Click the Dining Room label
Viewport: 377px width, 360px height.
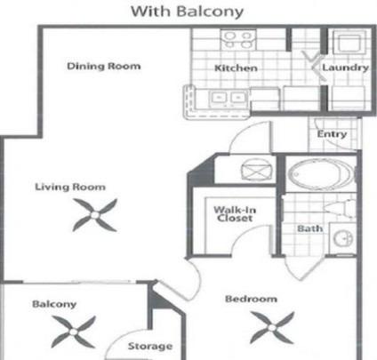tap(104, 66)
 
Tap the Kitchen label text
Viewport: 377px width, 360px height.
tap(236, 68)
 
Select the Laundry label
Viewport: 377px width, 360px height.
tap(346, 68)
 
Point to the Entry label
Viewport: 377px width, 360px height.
tap(332, 134)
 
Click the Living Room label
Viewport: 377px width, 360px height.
tap(70, 187)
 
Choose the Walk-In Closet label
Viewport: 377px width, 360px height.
tap(235, 214)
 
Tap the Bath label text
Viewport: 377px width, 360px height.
tap(310, 228)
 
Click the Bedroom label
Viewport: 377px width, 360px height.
tap(252, 299)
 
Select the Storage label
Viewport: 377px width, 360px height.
tap(150, 346)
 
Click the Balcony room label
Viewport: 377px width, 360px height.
tap(54, 304)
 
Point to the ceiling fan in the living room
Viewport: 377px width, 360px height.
tap(95, 215)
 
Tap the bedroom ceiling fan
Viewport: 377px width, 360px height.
tap(272, 327)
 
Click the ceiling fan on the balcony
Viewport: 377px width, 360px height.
tap(73, 332)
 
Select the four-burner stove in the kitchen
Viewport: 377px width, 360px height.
tap(238, 40)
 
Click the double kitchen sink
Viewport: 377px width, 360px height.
tap(228, 98)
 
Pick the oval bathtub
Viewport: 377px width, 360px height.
tap(321, 173)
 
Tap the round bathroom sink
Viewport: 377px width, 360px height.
tap(343, 238)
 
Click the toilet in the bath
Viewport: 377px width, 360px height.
tap(340, 209)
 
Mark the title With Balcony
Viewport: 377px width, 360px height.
tap(188, 12)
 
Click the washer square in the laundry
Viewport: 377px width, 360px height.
tap(349, 44)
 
